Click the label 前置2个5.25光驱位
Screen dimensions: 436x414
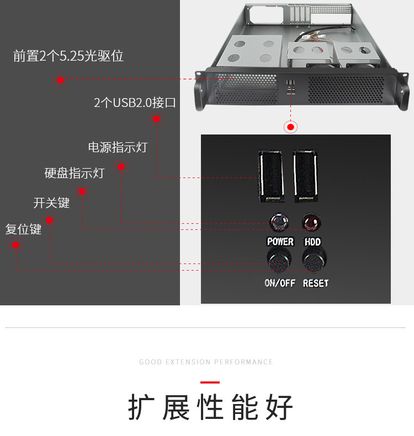(68, 56)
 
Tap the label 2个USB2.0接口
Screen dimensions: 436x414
(135, 103)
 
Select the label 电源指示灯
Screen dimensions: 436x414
(118, 148)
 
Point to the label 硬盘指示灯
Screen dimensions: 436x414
(74, 173)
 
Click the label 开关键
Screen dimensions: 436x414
(51, 203)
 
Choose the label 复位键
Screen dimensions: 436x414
(23, 229)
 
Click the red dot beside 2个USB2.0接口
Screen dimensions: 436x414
(156, 119)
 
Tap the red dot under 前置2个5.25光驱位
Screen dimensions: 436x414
(61, 80)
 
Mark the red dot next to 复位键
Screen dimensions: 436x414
(16, 246)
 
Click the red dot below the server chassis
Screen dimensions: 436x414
(291, 127)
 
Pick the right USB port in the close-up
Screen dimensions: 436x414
(305, 175)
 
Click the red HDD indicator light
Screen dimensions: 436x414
(311, 223)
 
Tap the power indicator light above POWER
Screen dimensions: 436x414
(279, 223)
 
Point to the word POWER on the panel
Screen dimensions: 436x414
(280, 242)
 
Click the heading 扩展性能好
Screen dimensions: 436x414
(210, 408)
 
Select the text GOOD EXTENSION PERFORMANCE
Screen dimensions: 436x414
(206, 362)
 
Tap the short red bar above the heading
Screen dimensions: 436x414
(210, 382)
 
